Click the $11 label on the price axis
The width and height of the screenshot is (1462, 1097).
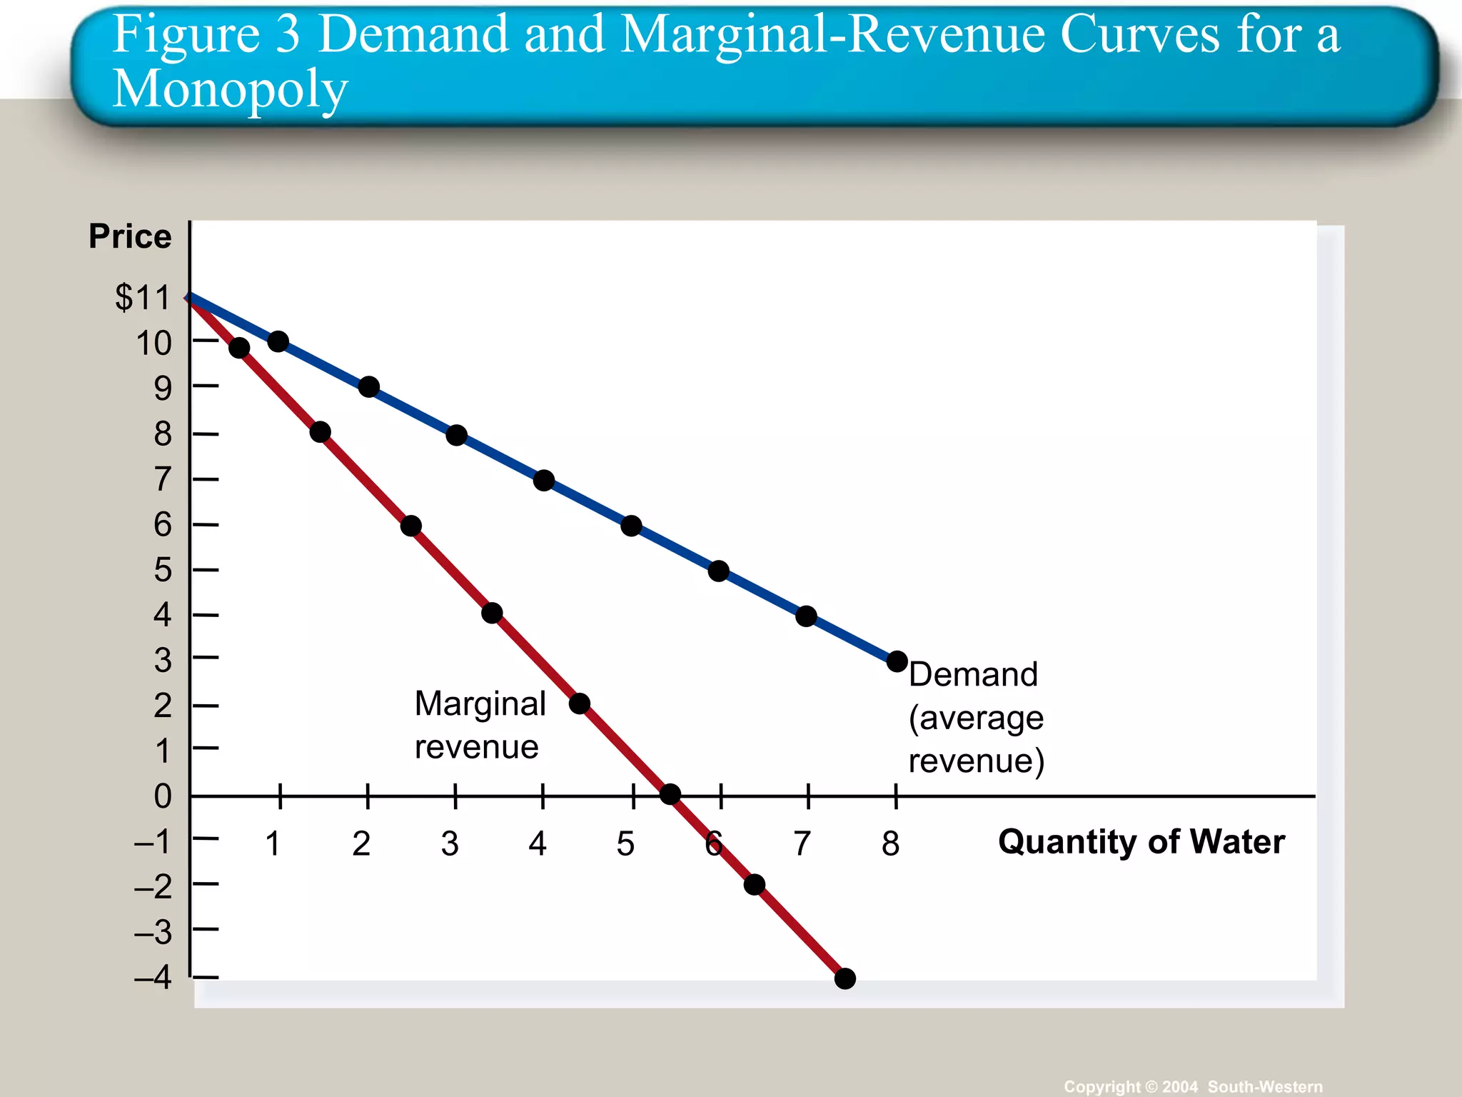(x=143, y=297)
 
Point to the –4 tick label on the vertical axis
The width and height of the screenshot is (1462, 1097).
(x=153, y=977)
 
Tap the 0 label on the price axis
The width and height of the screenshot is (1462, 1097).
(x=163, y=796)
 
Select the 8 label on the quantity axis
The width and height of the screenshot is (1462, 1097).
(x=890, y=843)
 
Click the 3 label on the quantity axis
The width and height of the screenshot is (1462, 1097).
(x=450, y=843)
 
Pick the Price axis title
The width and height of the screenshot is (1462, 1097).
(x=130, y=236)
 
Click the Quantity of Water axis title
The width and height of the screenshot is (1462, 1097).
(x=1141, y=841)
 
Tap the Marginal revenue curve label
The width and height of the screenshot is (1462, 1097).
(x=480, y=725)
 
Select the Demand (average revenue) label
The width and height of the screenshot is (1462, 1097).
(x=976, y=717)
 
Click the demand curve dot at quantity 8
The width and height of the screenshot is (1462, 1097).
(x=897, y=661)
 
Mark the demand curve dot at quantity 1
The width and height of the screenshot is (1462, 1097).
(x=278, y=342)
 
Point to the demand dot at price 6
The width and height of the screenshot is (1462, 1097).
(x=631, y=526)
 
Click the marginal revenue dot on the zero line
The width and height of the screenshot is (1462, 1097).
(x=670, y=794)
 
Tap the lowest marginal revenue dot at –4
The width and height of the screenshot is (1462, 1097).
(x=845, y=978)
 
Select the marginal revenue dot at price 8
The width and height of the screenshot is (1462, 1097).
(x=320, y=432)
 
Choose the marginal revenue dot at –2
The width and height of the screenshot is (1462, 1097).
(x=754, y=885)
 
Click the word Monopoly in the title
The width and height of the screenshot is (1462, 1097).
(x=230, y=90)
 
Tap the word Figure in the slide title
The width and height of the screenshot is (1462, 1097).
(x=186, y=34)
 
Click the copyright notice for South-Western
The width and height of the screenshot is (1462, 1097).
(x=1192, y=1086)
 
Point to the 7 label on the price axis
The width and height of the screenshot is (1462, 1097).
(x=163, y=479)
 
